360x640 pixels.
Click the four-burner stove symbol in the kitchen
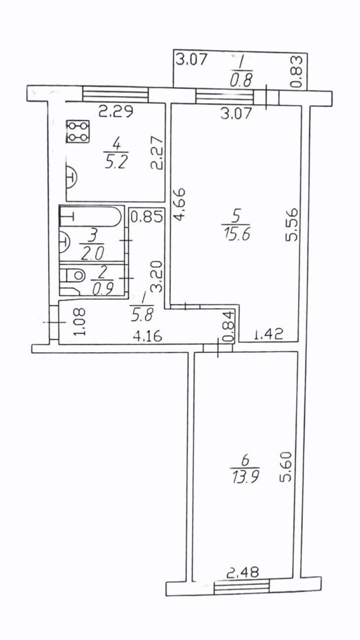[78, 131]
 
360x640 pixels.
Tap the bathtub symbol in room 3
[90, 217]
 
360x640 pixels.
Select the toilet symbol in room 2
[72, 281]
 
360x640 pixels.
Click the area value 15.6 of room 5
[237, 234]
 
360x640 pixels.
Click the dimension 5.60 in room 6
[286, 466]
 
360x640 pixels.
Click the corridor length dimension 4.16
[148, 337]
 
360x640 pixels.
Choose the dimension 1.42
[268, 336]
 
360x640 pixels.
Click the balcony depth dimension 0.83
[299, 71]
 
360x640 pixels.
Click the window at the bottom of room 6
[241, 587]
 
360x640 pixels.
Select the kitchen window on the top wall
[115, 94]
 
